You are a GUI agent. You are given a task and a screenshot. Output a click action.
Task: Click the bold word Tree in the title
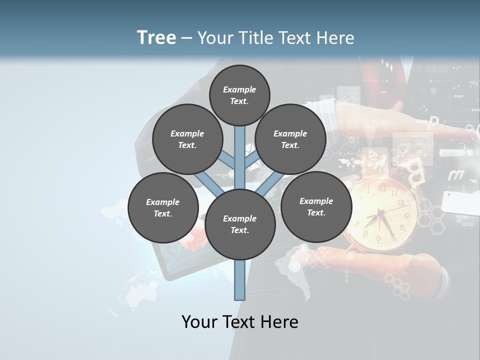click(x=156, y=37)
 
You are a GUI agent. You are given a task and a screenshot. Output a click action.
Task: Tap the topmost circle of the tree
click(x=239, y=95)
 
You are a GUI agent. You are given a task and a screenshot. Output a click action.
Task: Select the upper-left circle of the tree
click(x=187, y=139)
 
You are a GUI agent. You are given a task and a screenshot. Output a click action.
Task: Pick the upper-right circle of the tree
click(x=290, y=139)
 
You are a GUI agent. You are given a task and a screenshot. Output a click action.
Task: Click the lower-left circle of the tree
click(x=162, y=207)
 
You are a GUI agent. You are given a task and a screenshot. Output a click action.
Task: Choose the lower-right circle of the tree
click(x=316, y=206)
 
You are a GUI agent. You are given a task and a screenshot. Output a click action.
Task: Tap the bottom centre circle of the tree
click(x=240, y=224)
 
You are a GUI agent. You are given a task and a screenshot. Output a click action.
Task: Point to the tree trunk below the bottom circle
click(x=240, y=280)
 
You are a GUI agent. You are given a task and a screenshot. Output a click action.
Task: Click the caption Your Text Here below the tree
click(x=240, y=322)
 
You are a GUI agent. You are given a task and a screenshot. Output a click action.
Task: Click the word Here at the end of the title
click(x=336, y=38)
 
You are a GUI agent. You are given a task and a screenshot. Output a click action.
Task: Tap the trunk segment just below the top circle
click(x=240, y=137)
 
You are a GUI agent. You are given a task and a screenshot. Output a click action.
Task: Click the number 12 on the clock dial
click(x=382, y=189)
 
